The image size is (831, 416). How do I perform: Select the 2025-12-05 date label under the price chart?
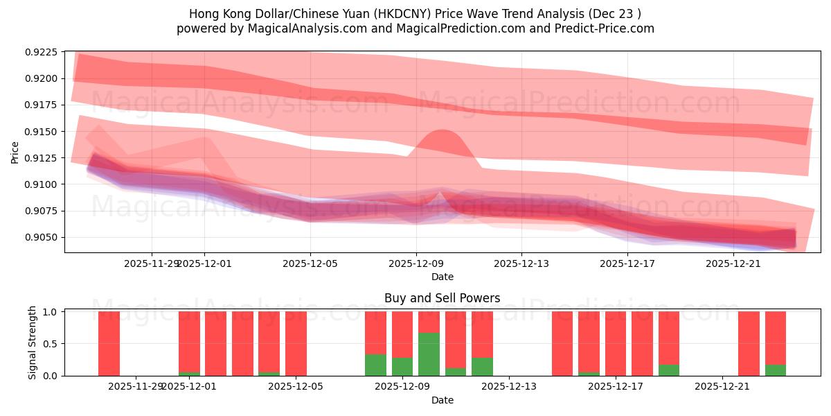coord(310,263)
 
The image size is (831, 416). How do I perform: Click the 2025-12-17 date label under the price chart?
coord(627,263)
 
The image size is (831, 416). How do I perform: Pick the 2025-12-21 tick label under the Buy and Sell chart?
coord(722,387)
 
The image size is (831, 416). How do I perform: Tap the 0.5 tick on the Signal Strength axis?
coord(52,344)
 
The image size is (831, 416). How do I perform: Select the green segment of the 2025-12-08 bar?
coord(375,365)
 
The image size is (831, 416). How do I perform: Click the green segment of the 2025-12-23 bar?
coord(776,370)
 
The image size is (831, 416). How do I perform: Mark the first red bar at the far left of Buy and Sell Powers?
coord(109,343)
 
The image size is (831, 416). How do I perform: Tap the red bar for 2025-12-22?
coord(749,343)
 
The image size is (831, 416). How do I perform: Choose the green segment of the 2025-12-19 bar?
coord(669,370)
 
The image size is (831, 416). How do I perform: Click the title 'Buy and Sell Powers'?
coord(442,299)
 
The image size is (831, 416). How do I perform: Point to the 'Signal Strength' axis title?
coord(33,343)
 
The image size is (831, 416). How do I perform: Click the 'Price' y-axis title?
coord(15,151)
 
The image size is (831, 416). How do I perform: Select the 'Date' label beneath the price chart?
coord(443,277)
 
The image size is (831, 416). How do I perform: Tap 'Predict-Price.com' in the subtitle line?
coord(607,28)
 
